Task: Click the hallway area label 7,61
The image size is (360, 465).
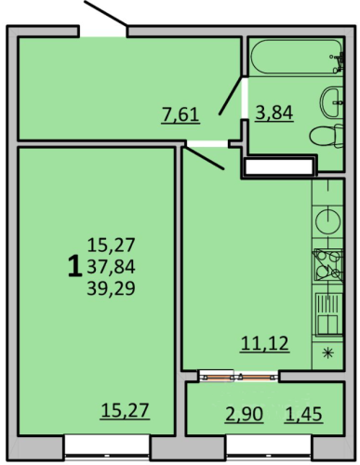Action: click(180, 115)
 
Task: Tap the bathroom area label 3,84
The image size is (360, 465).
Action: click(274, 113)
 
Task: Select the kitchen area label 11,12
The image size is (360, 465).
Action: click(265, 344)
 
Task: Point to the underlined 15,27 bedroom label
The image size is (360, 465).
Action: click(126, 411)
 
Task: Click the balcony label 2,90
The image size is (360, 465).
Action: click(245, 414)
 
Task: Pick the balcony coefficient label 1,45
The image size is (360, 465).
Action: click(303, 414)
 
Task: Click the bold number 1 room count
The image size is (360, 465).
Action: click(74, 267)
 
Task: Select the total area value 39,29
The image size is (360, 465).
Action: click(111, 289)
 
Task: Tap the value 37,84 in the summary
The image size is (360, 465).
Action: click(111, 267)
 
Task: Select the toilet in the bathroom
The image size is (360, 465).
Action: click(327, 136)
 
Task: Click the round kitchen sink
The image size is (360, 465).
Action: click(327, 221)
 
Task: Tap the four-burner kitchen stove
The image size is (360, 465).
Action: click(328, 265)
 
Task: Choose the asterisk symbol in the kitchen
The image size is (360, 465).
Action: click(327, 353)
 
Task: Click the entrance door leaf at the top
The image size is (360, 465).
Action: click(105, 13)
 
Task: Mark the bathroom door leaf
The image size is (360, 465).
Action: click(232, 96)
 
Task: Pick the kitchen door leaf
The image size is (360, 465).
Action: click(204, 158)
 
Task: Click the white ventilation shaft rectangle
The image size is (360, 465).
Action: click(279, 167)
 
